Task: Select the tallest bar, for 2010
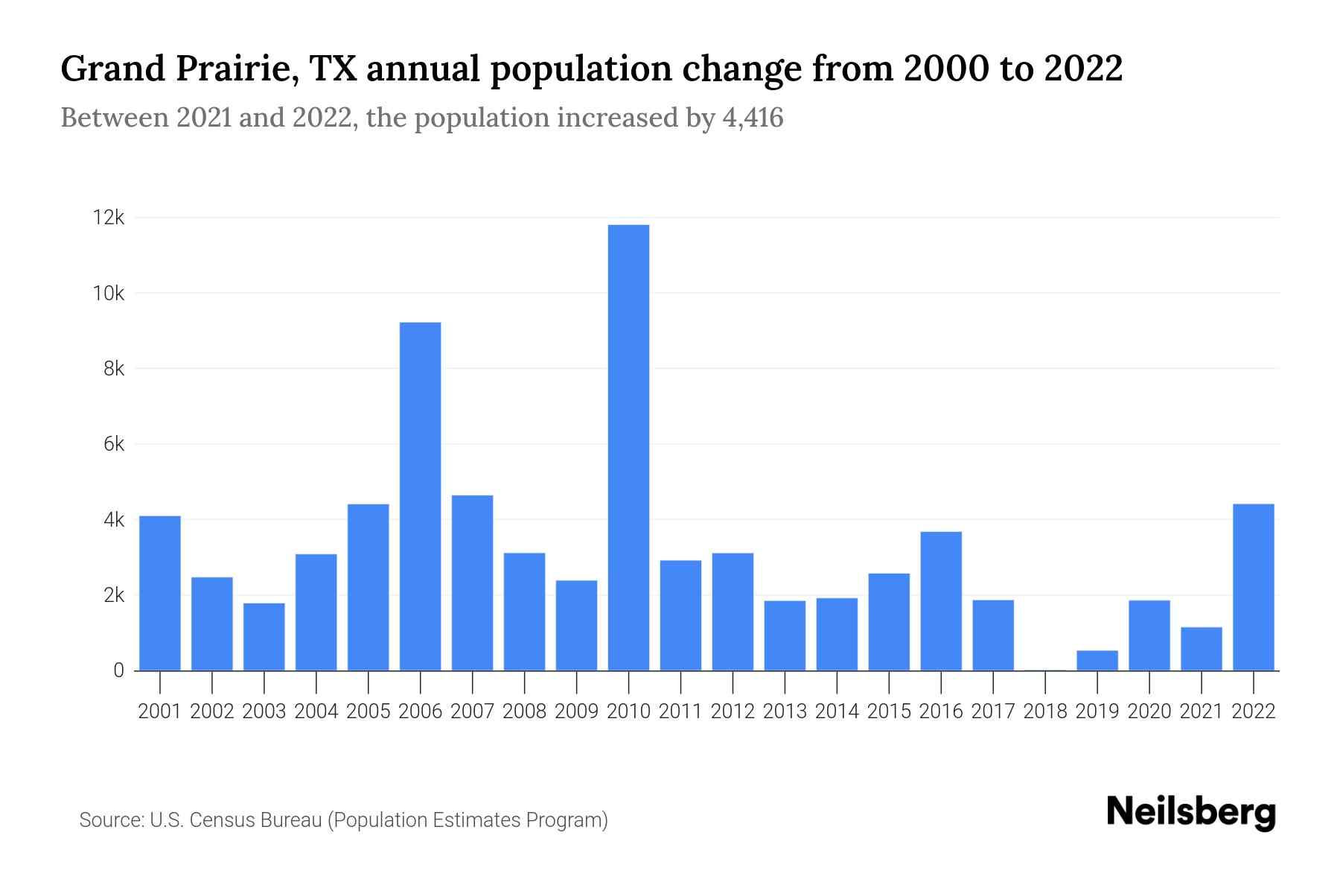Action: click(628, 447)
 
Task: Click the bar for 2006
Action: click(420, 496)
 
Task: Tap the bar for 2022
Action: click(1254, 587)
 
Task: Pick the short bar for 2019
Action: click(1097, 661)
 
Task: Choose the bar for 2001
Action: click(160, 593)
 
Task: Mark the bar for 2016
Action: click(941, 600)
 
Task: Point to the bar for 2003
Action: click(264, 636)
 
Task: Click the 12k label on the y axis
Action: click(109, 218)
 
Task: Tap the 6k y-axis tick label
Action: click(114, 444)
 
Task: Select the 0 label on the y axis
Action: click(118, 670)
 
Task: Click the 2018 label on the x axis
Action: click(1045, 711)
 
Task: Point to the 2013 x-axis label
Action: click(785, 711)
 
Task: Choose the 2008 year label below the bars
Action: click(524, 711)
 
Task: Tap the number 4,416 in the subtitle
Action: click(753, 118)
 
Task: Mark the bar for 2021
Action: click(1202, 649)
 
